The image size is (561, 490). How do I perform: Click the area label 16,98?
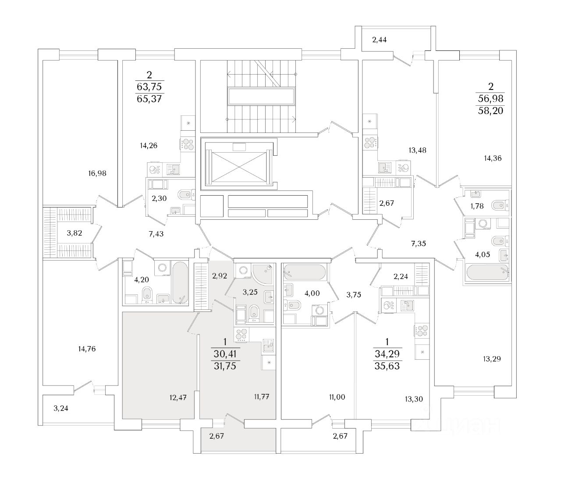click(97, 173)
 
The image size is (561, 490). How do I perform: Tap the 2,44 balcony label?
click(379, 40)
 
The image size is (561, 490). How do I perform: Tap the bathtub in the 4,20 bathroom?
click(180, 283)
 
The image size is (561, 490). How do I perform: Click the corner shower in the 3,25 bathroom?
click(262, 273)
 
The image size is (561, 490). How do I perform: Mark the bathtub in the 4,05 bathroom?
click(487, 274)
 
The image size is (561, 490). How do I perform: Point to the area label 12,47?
click(178, 398)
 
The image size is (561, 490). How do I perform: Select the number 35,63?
click(387, 365)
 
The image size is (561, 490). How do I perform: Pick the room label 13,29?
click(492, 359)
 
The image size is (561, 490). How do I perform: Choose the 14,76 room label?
click(87, 349)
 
